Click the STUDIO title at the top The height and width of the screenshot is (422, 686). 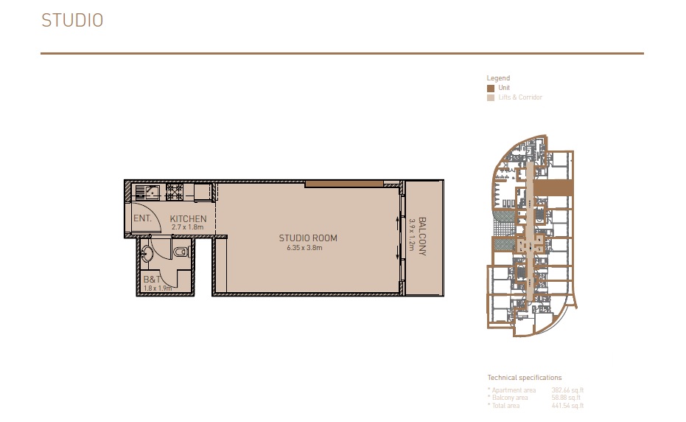[x=72, y=21]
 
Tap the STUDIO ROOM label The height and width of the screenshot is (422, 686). [x=308, y=238]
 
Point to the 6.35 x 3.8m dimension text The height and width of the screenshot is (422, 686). [x=305, y=248]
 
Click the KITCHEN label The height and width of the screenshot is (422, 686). [x=189, y=219]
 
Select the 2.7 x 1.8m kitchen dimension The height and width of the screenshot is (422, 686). [x=187, y=228]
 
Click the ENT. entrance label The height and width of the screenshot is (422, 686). [x=142, y=219]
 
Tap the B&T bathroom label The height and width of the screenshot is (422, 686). [x=153, y=280]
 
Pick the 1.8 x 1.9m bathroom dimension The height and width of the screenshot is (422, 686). [x=157, y=288]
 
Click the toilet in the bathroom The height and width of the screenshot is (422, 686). [x=179, y=253]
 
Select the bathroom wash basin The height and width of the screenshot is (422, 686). [x=147, y=253]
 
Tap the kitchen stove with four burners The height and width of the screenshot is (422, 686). [x=175, y=193]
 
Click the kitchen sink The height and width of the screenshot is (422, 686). [x=147, y=193]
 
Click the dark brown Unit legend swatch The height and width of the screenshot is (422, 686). [x=491, y=88]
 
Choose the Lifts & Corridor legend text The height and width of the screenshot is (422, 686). [x=520, y=97]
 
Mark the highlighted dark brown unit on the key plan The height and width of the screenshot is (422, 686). [x=553, y=188]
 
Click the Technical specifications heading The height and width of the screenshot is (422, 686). [x=524, y=378]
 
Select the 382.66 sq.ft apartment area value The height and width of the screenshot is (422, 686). [x=567, y=390]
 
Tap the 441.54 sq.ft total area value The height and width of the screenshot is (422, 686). [x=567, y=406]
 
